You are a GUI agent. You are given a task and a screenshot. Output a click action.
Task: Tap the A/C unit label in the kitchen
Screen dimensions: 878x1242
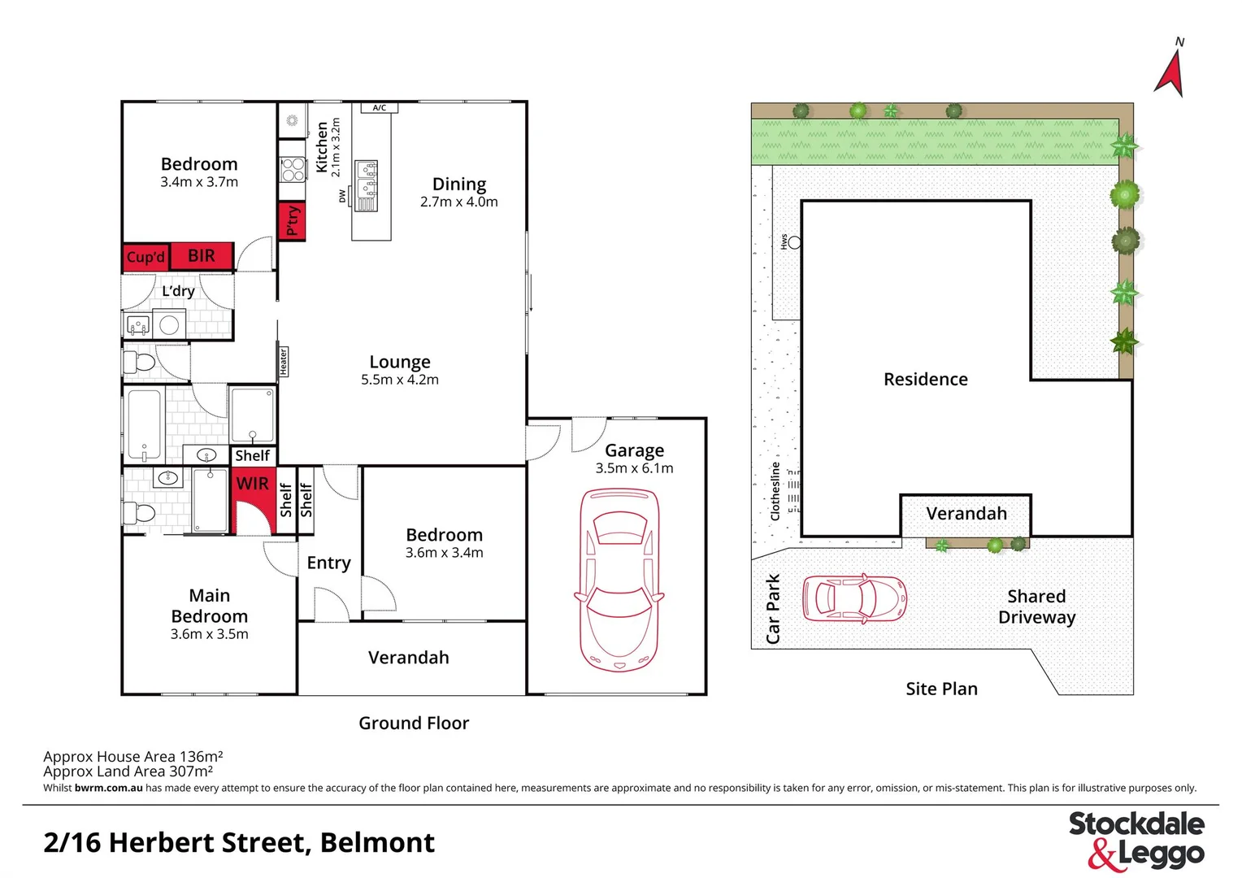[x=380, y=107]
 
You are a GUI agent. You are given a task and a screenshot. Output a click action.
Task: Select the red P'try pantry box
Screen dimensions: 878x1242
[x=292, y=220]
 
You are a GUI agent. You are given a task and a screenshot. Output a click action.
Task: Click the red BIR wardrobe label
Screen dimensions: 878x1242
[x=202, y=256]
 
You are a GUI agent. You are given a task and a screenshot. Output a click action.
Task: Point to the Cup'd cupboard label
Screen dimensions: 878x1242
[x=145, y=257]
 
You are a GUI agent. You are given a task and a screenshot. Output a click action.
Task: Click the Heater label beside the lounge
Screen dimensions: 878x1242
[x=284, y=361]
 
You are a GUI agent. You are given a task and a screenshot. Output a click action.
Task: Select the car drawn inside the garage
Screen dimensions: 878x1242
[x=619, y=579]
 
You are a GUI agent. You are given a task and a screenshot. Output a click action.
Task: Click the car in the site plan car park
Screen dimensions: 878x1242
[x=853, y=599]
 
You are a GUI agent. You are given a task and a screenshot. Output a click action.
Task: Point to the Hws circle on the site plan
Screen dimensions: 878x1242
[x=794, y=242]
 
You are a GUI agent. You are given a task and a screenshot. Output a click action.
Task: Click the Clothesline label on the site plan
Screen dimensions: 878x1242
[x=775, y=491]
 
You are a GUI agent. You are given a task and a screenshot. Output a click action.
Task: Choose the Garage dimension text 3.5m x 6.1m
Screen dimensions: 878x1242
[x=634, y=468]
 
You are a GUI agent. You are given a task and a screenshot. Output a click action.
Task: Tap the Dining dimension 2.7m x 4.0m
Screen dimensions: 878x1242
[x=458, y=202]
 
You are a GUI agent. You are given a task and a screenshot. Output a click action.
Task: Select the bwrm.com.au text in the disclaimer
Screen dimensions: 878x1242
[x=108, y=788]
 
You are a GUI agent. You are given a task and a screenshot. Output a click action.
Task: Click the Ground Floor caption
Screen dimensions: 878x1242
[x=414, y=723]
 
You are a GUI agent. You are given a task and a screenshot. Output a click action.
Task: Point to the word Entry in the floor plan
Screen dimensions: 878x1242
[x=328, y=563]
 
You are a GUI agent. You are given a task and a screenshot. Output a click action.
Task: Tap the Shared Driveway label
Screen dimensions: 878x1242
[x=1036, y=606]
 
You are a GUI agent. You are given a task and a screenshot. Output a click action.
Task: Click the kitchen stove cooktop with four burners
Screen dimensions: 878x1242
[x=293, y=169]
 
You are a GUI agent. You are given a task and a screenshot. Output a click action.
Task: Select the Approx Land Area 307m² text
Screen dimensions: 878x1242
[x=128, y=772]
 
